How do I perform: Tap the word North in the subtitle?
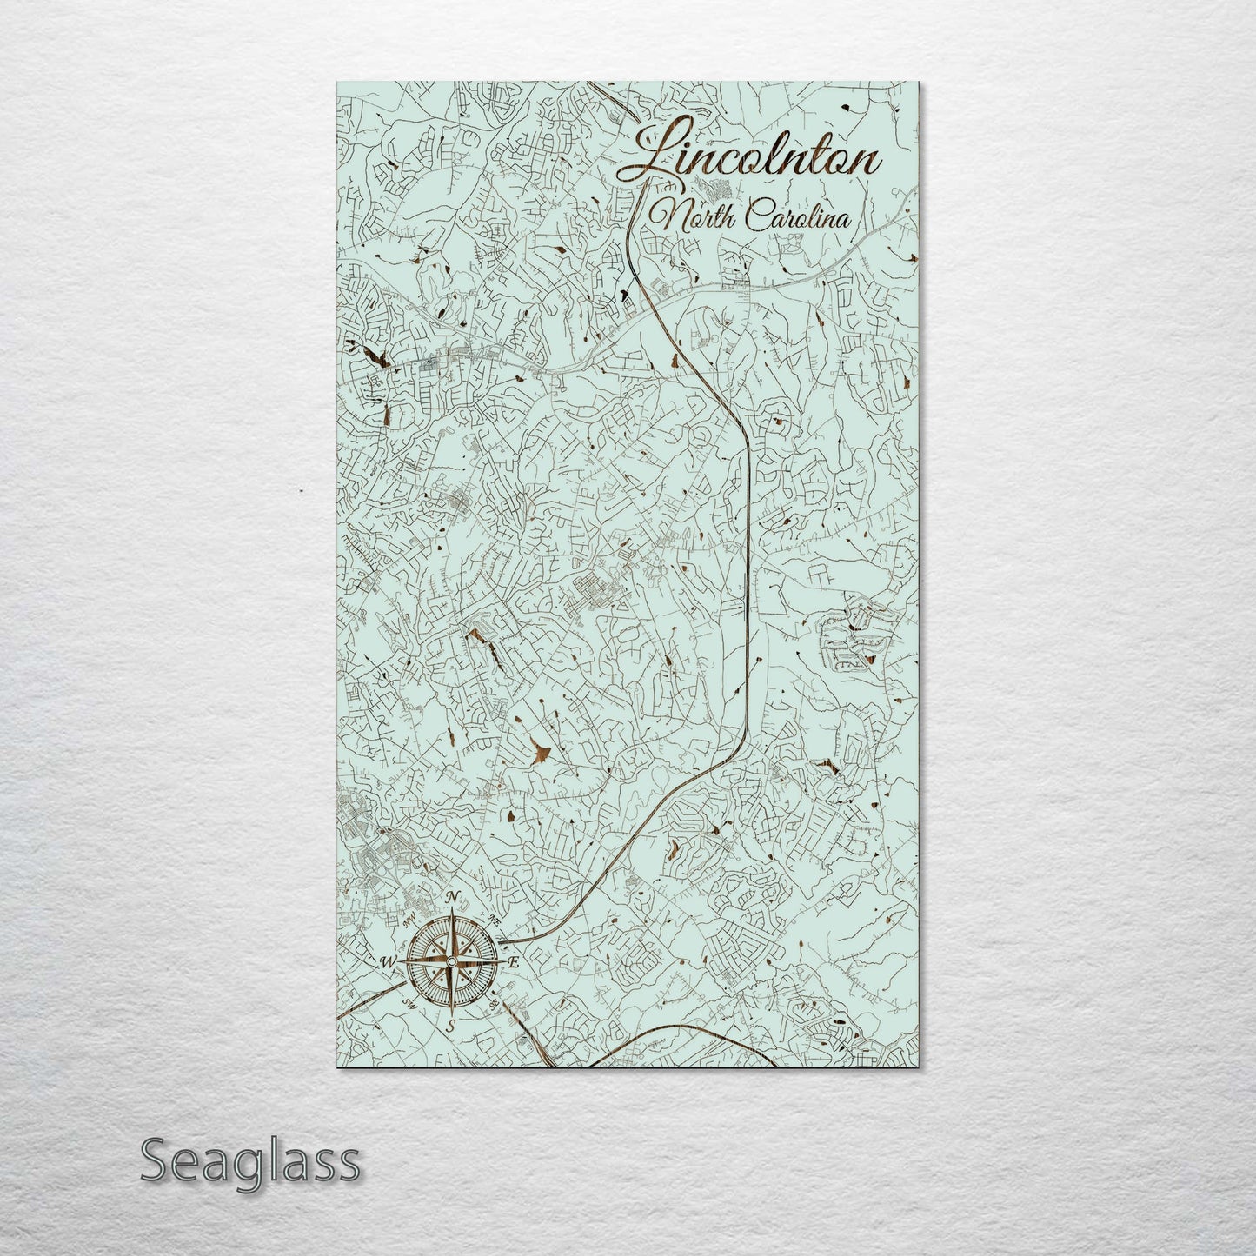pyautogui.click(x=690, y=215)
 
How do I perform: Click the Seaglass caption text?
pyautogui.click(x=249, y=1162)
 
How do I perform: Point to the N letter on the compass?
pyautogui.click(x=451, y=899)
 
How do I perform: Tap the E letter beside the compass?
pyautogui.click(x=513, y=963)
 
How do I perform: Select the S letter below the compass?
pyautogui.click(x=450, y=1026)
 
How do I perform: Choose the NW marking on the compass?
pyautogui.click(x=408, y=920)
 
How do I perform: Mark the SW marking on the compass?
pyautogui.click(x=408, y=1003)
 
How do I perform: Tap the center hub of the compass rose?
pyautogui.click(x=450, y=961)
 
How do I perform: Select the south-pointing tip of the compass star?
pyautogui.click(x=450, y=1009)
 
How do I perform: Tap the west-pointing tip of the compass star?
pyautogui.click(x=402, y=961)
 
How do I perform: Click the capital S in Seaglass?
pyautogui.click(x=156, y=1161)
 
